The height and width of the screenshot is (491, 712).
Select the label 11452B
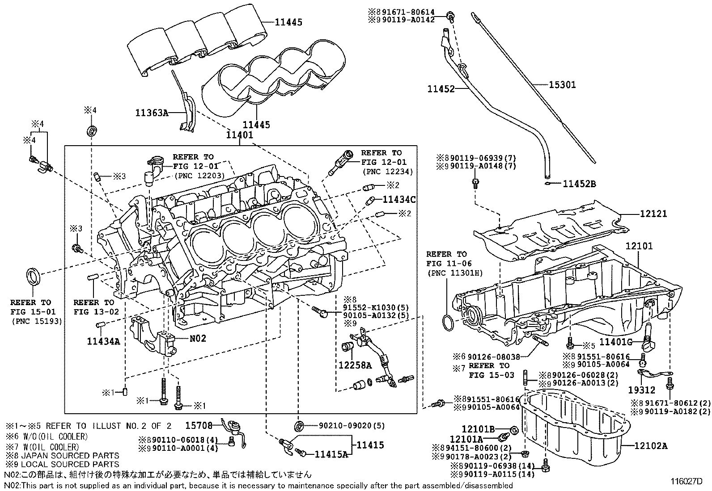click(579, 183)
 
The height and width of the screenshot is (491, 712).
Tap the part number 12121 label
click(653, 214)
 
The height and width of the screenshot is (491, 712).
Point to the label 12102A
click(651, 445)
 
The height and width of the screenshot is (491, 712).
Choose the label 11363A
click(152, 113)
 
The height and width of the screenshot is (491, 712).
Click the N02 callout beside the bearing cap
click(198, 338)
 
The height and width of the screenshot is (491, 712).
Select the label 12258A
click(355, 365)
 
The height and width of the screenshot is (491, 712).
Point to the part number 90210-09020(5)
click(346, 426)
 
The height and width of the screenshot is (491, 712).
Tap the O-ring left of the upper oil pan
click(448, 322)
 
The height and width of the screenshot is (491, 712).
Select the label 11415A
click(331, 454)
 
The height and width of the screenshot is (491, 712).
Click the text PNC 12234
click(387, 172)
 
